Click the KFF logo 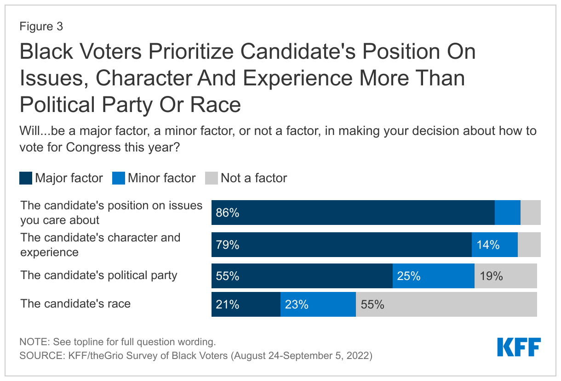click(519, 347)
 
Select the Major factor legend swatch click(26, 178)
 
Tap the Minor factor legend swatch click(119, 178)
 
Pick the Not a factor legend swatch click(212, 178)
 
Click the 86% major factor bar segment click(353, 213)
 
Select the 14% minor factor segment click(495, 245)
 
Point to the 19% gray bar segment click(505, 276)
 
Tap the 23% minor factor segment click(318, 304)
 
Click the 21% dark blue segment click(246, 304)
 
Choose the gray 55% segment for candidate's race click(446, 304)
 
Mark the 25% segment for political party click(433, 276)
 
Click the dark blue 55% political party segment click(302, 276)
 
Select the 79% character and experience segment click(341, 245)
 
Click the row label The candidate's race click(75, 304)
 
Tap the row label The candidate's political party click(99, 275)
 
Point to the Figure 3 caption click(41, 27)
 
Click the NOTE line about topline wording click(117, 342)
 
